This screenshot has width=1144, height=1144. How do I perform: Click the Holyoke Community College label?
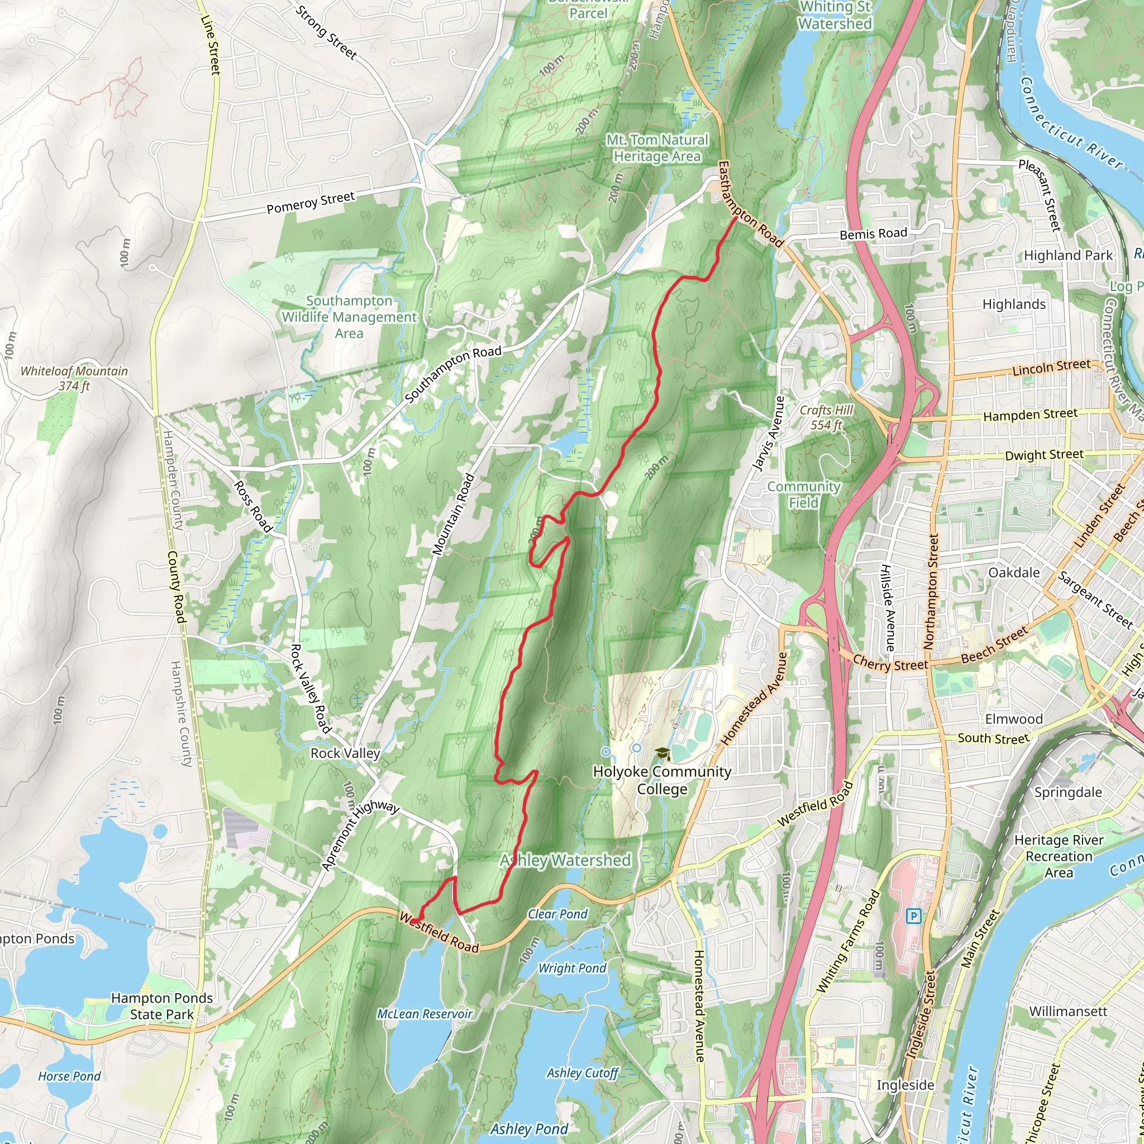[662, 780]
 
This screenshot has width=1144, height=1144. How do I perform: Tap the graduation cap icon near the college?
[662, 754]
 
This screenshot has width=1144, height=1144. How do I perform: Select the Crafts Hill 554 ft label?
[827, 417]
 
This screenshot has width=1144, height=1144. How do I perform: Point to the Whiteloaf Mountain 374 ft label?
[74, 378]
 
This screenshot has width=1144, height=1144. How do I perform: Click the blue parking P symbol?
[914, 917]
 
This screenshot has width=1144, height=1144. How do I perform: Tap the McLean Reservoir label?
[425, 1014]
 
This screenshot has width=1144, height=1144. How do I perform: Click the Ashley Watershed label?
[565, 860]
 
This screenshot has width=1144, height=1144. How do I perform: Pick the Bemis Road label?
[874, 234]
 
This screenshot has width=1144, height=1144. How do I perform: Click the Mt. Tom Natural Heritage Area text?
[657, 148]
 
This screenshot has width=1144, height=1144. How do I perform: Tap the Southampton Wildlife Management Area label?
[349, 317]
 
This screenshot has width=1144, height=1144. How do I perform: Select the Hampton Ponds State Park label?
[161, 1006]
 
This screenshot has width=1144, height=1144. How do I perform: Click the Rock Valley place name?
[345, 753]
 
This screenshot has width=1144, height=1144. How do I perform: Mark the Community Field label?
[803, 494]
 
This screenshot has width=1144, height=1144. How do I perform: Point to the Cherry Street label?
[890, 663]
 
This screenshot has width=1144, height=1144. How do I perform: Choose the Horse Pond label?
[69, 1076]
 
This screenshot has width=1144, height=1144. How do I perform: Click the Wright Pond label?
[572, 968]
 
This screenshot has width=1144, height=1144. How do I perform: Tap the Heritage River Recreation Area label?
[1059, 856]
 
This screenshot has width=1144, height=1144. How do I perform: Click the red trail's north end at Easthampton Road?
[736, 217]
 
